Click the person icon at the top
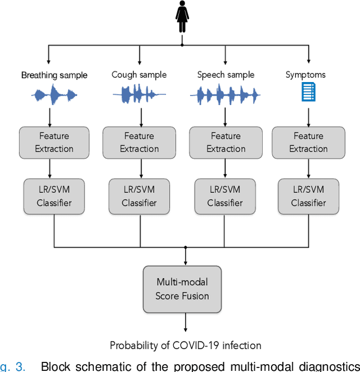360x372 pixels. [x=181, y=17]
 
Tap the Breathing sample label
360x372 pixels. [x=55, y=75]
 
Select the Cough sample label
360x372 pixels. [x=139, y=75]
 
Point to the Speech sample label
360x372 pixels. [x=226, y=75]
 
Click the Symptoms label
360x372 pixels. [x=305, y=75]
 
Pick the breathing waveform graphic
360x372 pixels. [x=54, y=94]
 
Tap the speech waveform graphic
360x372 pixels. [x=225, y=94]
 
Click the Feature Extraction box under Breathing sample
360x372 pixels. [x=54, y=143]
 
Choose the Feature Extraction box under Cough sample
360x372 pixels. [x=139, y=143]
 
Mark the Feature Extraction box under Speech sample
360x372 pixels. [x=226, y=143]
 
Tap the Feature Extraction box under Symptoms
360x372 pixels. [x=308, y=143]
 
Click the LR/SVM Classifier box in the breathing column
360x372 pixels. [x=54, y=196]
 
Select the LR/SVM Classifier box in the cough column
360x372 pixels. [x=139, y=196]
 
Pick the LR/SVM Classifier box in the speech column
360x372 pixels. [x=226, y=196]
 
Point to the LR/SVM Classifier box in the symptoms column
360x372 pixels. [x=308, y=196]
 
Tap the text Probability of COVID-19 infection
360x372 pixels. [x=186, y=345]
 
